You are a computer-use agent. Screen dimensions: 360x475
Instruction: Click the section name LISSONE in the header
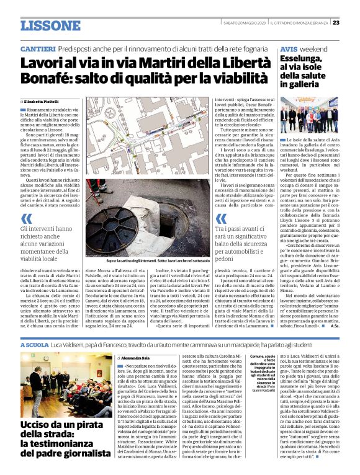tap(50, 25)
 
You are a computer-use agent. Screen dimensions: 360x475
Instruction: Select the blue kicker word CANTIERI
tap(38, 48)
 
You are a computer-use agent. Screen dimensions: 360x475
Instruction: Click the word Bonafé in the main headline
tap(45, 79)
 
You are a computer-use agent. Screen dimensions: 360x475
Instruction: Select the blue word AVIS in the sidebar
tap(289, 48)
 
